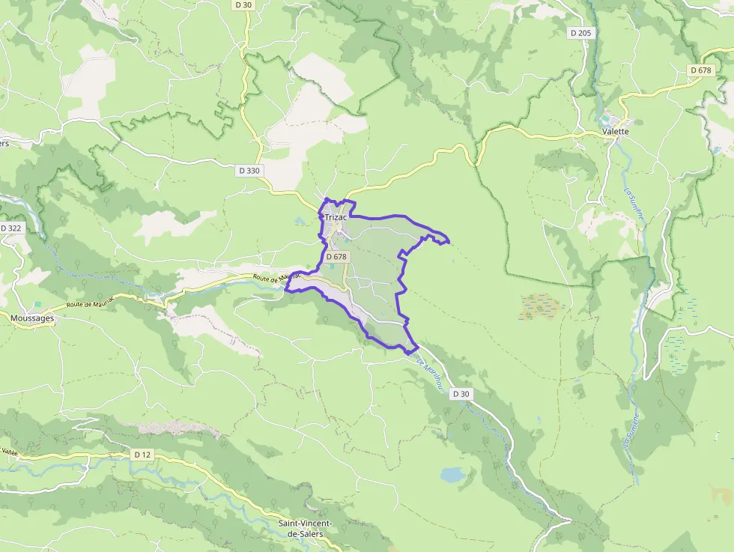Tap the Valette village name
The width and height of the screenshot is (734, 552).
(x=616, y=132)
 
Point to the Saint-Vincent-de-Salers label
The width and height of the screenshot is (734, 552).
(x=311, y=528)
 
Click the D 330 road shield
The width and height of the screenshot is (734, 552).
(x=249, y=171)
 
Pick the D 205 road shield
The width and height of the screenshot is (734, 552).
(x=580, y=33)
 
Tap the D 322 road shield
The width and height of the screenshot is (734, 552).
(x=11, y=228)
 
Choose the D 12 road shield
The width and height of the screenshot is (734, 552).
(x=142, y=455)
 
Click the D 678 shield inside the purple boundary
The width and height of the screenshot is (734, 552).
(x=337, y=257)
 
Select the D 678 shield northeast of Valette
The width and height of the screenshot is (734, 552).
(x=701, y=70)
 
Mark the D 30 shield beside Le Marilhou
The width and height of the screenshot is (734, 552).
(x=461, y=394)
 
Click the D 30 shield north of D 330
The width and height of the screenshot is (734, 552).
(x=243, y=4)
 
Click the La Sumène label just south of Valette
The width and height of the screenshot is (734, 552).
(x=634, y=202)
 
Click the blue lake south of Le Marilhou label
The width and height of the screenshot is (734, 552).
(x=452, y=475)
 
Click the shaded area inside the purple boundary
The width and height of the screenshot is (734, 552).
(x=371, y=277)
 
